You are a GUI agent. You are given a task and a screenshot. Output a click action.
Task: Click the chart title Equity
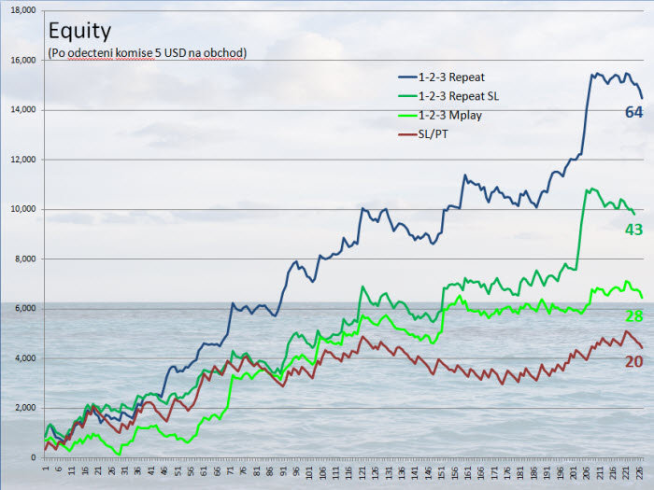[x=79, y=32]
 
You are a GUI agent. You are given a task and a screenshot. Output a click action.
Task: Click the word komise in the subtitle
[x=135, y=52]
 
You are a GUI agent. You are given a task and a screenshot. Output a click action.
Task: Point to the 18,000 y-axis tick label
[x=20, y=10]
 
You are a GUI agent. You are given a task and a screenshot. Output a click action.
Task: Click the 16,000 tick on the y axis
[x=20, y=61]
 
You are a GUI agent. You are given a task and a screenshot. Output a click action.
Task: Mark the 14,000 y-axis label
[x=20, y=110]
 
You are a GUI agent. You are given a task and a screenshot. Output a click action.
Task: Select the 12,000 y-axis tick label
[x=20, y=160]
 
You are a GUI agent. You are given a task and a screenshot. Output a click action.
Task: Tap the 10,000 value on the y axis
[x=20, y=209]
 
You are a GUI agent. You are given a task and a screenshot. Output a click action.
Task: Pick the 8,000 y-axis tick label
[x=22, y=259]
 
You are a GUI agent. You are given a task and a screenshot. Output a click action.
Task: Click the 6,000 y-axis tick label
[x=22, y=309]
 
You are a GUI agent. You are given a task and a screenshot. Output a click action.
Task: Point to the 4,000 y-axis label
[x=22, y=358]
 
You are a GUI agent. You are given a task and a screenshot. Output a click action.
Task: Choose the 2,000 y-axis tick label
[x=22, y=408]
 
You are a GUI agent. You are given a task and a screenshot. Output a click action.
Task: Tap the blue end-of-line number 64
[x=633, y=113]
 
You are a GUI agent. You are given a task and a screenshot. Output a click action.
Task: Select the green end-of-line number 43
[x=633, y=229]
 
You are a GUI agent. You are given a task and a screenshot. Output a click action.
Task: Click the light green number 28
[x=633, y=315]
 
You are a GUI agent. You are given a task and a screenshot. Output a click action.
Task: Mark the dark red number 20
[x=633, y=362]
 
